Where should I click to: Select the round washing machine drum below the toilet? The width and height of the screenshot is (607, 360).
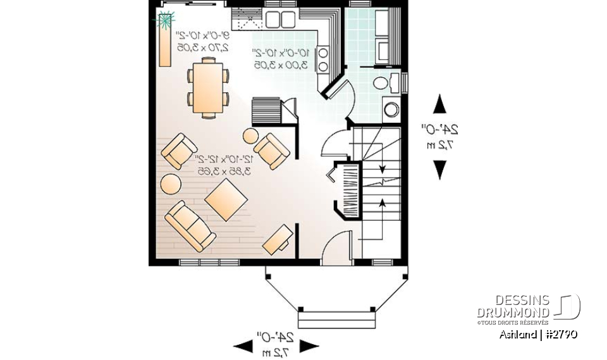(x=391, y=109)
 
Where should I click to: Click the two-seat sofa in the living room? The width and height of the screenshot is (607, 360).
(x=189, y=225)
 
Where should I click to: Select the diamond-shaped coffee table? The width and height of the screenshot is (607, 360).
(x=226, y=200)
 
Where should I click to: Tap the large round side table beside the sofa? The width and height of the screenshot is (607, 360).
(x=171, y=183)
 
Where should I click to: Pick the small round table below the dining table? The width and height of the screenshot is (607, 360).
(x=250, y=135)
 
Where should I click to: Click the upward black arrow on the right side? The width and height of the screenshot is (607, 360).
(x=440, y=104)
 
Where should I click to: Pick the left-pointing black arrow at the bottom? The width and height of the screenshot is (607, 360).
(x=244, y=345)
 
